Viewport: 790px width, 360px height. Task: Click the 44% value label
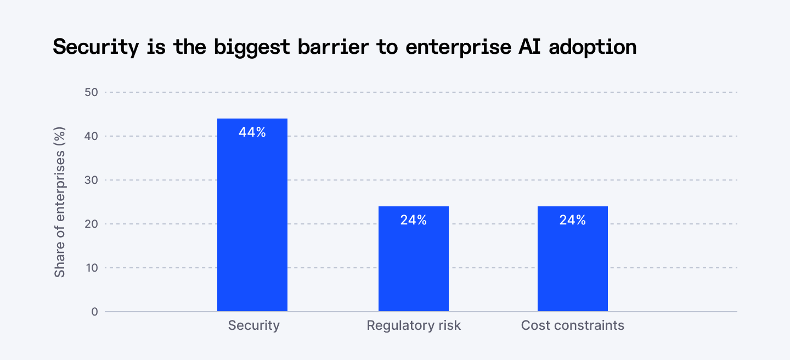252,132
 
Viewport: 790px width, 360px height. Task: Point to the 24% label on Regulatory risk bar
414,220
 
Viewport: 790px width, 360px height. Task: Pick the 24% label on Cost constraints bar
573,220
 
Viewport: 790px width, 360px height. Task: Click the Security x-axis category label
254,325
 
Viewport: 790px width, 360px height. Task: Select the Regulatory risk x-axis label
414,325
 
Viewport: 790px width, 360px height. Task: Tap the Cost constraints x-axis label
573,325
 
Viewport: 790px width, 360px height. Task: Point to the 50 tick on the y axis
92,92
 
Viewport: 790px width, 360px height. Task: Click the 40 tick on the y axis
92,136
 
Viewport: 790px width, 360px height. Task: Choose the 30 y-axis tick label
92,180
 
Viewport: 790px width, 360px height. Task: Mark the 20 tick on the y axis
92,224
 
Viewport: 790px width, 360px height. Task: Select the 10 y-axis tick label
92,268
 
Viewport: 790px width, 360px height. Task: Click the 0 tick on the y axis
94,312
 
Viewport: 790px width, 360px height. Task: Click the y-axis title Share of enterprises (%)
60,202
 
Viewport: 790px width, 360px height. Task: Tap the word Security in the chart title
96,47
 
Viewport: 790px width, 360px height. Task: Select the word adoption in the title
592,47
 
